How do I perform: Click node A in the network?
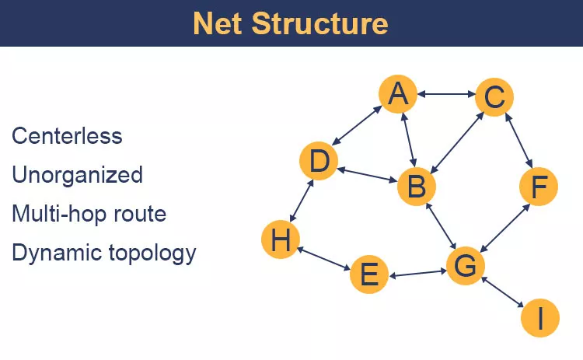pos(398,94)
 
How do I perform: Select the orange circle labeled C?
pos(494,98)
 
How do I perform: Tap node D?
pos(319,163)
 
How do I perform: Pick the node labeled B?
pos(416,187)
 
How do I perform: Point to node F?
pos(539,187)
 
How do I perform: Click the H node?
pos(281,240)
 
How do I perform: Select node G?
pos(464,266)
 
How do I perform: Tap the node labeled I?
pos(539,317)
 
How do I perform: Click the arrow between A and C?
pos(446,95)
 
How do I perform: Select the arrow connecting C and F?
pos(518,141)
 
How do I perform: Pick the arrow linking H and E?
pos(324,259)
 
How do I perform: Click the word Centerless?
pos(67,136)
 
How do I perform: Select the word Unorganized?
pos(77,175)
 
